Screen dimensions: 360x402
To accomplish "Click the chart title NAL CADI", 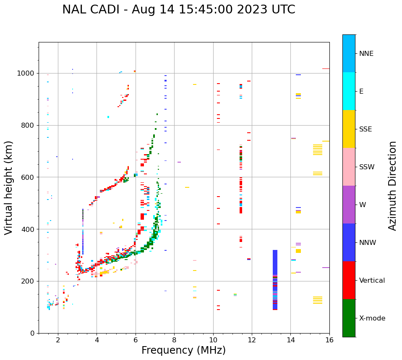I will [178, 10].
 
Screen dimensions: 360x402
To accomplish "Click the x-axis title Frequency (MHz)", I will [183, 350].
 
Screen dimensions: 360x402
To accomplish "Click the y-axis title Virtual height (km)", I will [9, 187].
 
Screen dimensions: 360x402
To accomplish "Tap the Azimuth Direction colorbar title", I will [392, 185].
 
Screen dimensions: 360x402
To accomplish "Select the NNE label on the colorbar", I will [366, 54].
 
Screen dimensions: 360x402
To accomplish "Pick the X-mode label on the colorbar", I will [372, 318].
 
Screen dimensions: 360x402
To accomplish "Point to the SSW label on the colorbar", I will [367, 167].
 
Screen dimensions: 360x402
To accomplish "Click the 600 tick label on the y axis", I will [29, 177].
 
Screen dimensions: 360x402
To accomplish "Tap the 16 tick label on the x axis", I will [329, 340].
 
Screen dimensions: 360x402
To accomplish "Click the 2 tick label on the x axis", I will [58, 340].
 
